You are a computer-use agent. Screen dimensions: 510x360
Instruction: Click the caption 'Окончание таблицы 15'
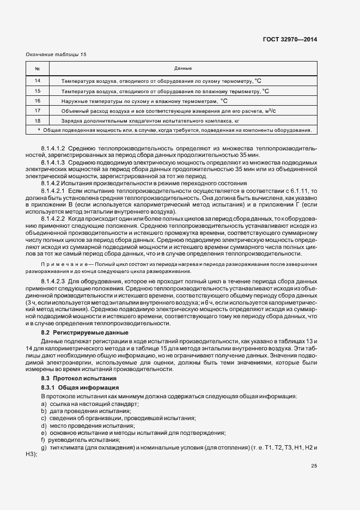tap(57, 54)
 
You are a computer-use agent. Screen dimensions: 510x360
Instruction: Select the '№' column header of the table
tap(38, 69)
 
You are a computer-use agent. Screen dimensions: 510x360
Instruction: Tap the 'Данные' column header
tap(182, 69)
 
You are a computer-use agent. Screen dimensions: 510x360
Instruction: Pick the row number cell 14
tap(38, 81)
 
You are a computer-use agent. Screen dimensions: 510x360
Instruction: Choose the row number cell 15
tap(38, 91)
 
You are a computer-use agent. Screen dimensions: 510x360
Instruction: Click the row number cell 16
tap(38, 101)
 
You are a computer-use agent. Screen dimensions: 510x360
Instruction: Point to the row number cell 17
tap(38, 111)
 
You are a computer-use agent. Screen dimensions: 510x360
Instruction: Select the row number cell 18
tap(38, 120)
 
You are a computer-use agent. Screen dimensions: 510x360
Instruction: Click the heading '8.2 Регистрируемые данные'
tap(85, 332)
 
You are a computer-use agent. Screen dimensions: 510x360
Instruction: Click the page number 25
tap(314, 466)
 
